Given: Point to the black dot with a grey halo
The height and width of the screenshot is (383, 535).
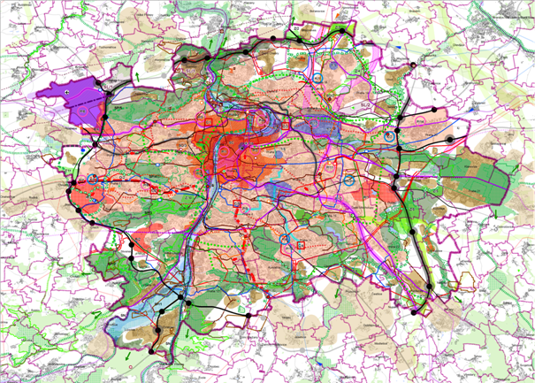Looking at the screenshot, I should tap(449, 140).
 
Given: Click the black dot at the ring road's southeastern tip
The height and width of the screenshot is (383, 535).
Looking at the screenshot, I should tap(416, 311).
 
